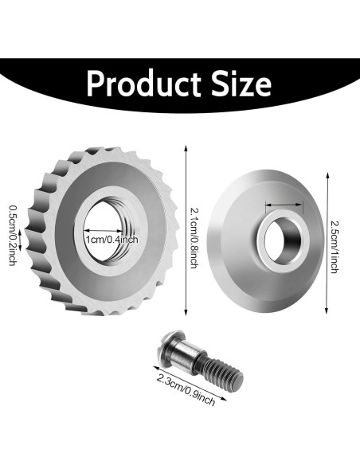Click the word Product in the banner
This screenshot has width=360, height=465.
tap(144, 83)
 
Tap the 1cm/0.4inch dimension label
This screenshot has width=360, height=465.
tap(112, 239)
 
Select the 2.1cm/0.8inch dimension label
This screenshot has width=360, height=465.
tap(194, 238)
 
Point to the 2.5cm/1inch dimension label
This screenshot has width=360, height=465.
tap(334, 247)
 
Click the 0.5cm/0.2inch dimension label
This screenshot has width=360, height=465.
tap(13, 235)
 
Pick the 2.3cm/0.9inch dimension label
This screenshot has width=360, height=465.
tap(186, 389)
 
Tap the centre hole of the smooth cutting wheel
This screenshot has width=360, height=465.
tap(282, 240)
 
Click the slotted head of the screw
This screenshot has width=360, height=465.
tap(166, 347)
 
